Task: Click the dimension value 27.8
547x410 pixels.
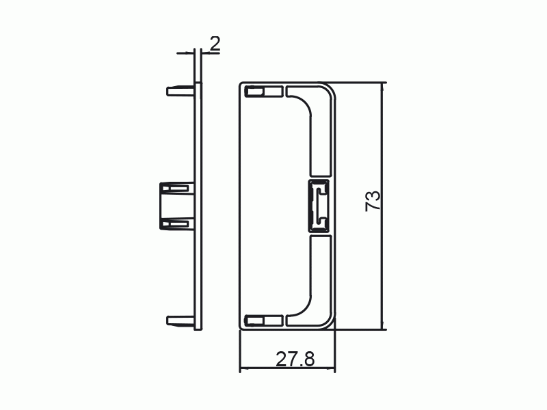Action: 295,359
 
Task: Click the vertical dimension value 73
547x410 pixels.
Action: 373,201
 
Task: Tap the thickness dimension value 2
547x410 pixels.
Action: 215,44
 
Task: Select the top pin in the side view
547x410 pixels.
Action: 180,91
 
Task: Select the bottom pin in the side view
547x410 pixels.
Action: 180,320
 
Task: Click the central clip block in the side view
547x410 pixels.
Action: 176,206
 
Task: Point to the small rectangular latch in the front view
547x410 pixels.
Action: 319,206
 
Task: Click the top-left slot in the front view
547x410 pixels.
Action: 264,92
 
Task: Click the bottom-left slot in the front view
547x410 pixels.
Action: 264,320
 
